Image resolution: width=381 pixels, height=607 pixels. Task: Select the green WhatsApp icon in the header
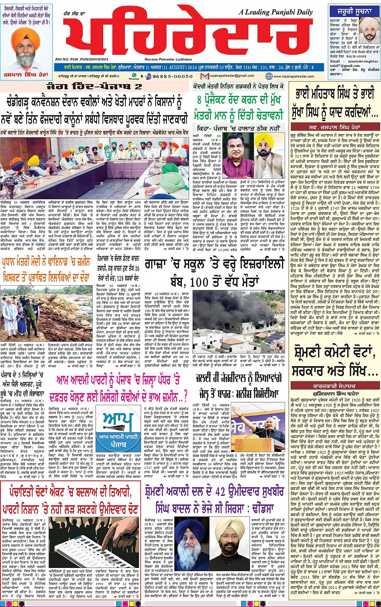pos(134,75)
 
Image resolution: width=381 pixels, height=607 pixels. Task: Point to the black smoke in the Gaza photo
pos(226,308)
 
